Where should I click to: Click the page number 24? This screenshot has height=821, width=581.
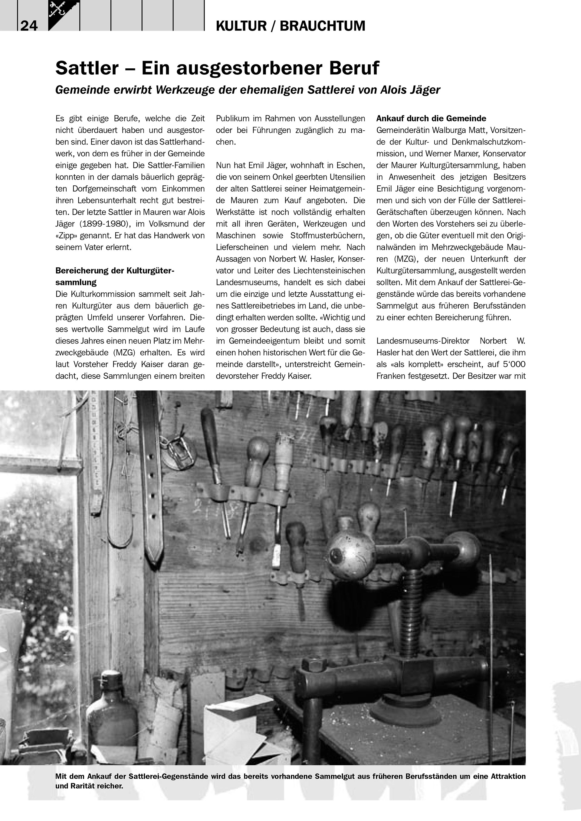coord(29,26)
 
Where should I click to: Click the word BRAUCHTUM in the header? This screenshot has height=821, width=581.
coord(322,26)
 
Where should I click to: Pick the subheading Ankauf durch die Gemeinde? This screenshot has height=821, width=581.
coord(431,118)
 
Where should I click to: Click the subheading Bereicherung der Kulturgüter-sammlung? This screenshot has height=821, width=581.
coord(114,276)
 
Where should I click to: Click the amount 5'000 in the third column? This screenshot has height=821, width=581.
coord(512,364)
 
